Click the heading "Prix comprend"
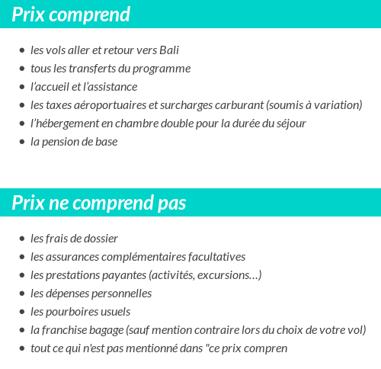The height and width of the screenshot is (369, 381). (71, 14)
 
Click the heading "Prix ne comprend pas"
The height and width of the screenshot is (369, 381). (99, 204)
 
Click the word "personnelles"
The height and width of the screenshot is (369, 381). (122, 294)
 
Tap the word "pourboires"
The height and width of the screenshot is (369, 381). (75, 312)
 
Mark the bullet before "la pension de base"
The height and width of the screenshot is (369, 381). (22, 143)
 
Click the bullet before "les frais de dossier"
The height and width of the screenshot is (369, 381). (22, 239)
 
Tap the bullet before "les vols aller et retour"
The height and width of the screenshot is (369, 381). (22, 51)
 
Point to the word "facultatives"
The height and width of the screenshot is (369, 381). (213, 257)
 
